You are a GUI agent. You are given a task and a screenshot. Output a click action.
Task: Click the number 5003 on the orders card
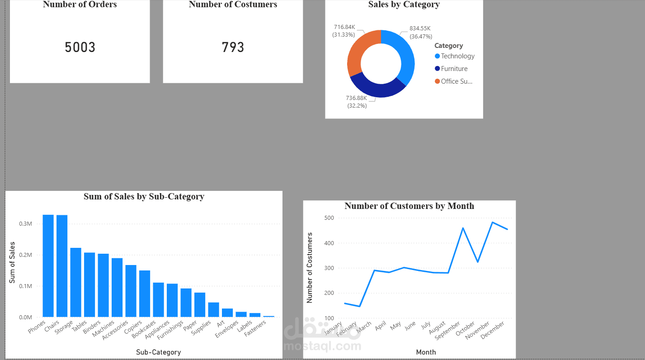(80, 47)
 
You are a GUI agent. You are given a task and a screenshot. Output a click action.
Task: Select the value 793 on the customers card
(233, 47)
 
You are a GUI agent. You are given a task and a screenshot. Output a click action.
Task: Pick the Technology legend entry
(457, 56)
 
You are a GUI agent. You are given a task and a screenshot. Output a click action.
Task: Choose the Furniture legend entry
(454, 69)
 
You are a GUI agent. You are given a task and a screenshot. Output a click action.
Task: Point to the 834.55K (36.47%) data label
(420, 32)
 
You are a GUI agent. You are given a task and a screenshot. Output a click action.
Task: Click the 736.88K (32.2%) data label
(357, 102)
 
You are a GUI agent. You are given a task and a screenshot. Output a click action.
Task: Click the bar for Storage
(75, 282)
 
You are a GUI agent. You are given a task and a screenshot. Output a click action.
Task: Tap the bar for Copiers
(145, 294)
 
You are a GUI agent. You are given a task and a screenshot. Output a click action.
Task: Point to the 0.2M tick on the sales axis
(26, 255)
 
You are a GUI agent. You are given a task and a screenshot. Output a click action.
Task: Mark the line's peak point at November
(492, 222)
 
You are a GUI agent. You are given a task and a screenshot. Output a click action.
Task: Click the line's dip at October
(478, 262)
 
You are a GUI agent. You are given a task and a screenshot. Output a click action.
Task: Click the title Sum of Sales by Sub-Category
(144, 197)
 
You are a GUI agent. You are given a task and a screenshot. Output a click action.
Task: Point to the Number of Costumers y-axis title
(310, 268)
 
